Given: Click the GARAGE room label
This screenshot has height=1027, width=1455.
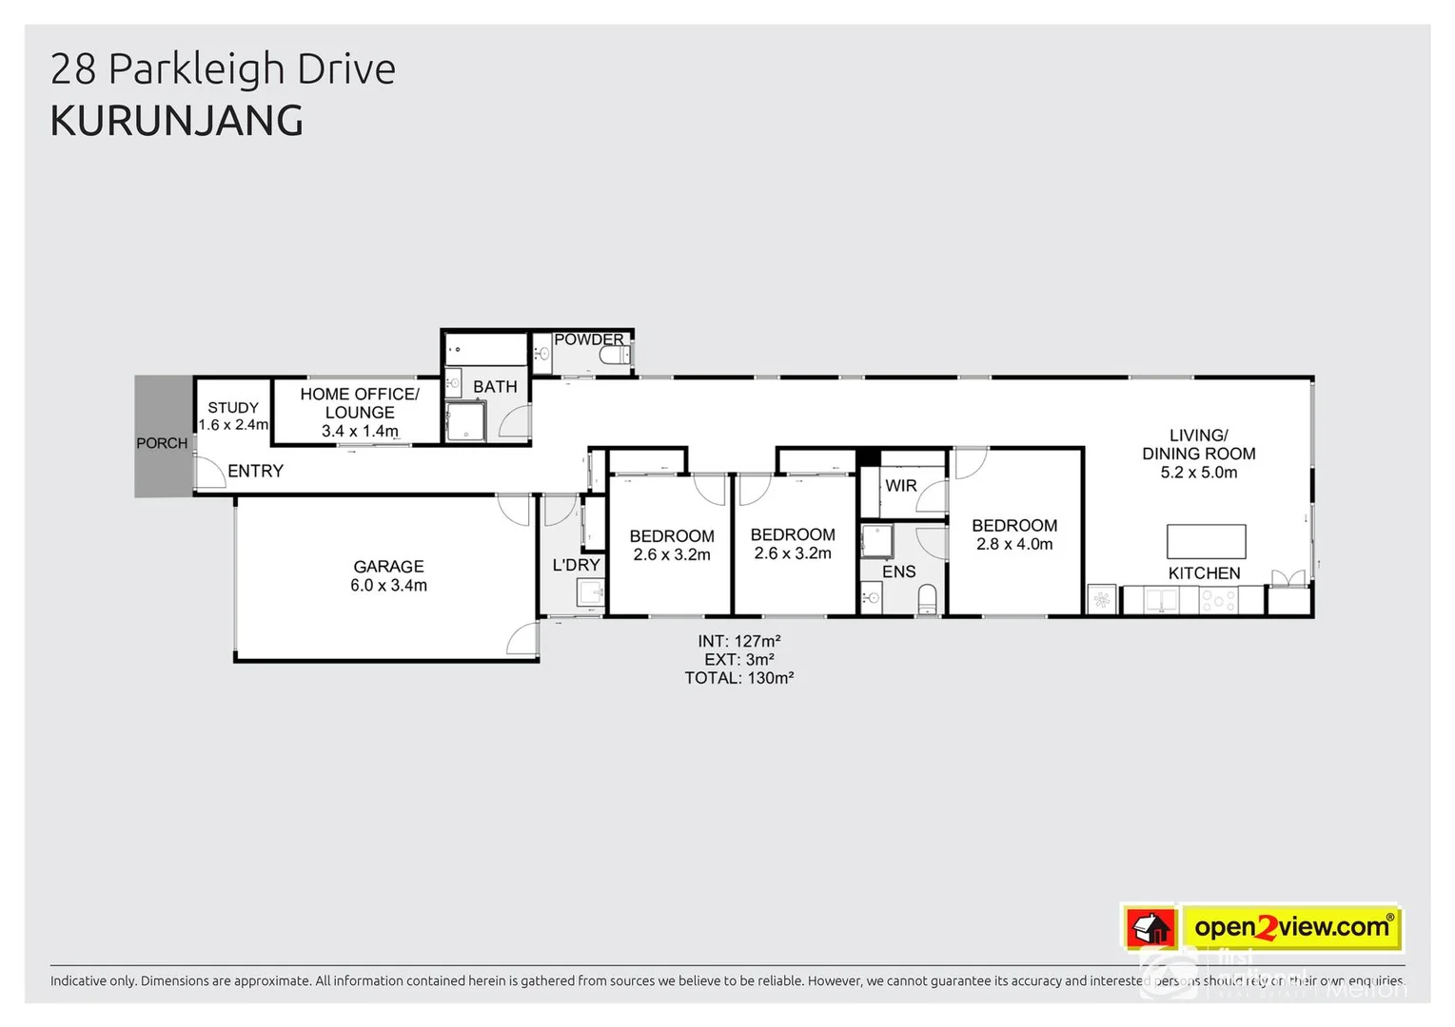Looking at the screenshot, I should tap(388, 567).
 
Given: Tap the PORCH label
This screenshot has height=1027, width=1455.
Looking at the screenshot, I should tap(162, 443).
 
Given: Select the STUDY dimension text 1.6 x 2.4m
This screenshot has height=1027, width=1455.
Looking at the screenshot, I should tap(233, 425).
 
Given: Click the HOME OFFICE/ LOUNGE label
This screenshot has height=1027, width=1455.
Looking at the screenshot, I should tap(360, 403).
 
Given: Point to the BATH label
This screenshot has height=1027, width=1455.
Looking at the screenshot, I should tap(495, 387).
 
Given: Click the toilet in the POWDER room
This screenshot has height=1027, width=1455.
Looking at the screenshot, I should tap(615, 357).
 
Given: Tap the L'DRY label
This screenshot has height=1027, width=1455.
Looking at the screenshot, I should tap(576, 565).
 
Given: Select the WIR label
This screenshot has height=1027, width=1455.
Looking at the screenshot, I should tap(900, 486).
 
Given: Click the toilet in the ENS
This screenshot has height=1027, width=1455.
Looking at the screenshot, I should tap(927, 599).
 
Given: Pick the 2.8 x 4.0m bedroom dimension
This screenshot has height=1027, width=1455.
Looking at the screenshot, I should tap(1014, 545).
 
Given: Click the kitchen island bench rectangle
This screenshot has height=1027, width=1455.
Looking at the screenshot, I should tap(1206, 541).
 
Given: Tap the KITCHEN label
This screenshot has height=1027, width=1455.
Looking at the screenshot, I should tap(1204, 573).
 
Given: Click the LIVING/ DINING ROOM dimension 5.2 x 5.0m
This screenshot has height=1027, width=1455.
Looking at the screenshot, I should tap(1198, 473).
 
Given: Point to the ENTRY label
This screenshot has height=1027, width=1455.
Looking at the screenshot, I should tap(255, 471).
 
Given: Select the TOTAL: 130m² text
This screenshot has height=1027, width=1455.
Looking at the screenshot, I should tap(738, 678).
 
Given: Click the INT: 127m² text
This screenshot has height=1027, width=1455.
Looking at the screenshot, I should tap(738, 642).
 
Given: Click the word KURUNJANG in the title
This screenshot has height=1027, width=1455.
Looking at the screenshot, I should tap(177, 121).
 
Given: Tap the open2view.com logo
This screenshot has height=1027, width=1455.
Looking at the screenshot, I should tap(1291, 927).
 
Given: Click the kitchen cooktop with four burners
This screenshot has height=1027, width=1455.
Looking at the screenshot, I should tap(1219, 600).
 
